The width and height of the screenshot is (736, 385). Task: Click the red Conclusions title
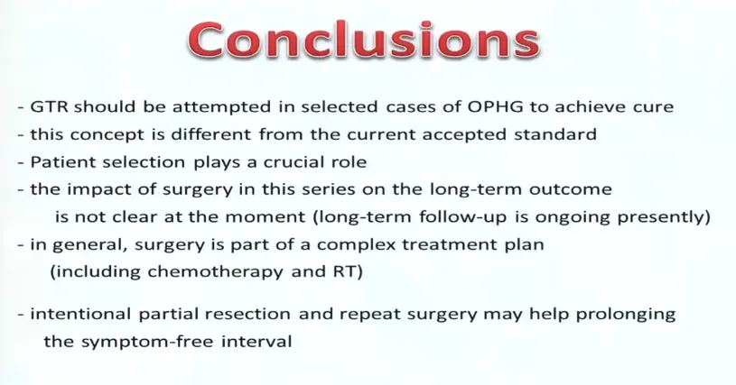coord(364,40)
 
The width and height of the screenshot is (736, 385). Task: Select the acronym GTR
coord(50,106)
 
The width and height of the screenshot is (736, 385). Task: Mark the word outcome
coord(571,189)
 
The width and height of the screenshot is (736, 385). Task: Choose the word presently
coord(663,218)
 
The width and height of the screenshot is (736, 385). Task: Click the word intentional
coord(80,314)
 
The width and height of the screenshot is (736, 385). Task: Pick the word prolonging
coord(625,315)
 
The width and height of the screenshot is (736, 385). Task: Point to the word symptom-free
coord(148,342)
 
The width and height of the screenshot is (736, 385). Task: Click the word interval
coord(256,341)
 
